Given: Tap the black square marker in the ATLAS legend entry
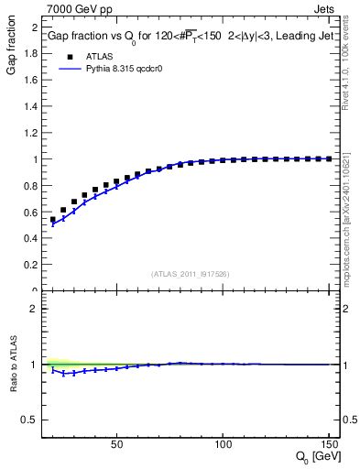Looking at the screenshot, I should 70,55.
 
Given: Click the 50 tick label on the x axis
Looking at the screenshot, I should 116,445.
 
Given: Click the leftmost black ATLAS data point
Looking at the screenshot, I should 53,220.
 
